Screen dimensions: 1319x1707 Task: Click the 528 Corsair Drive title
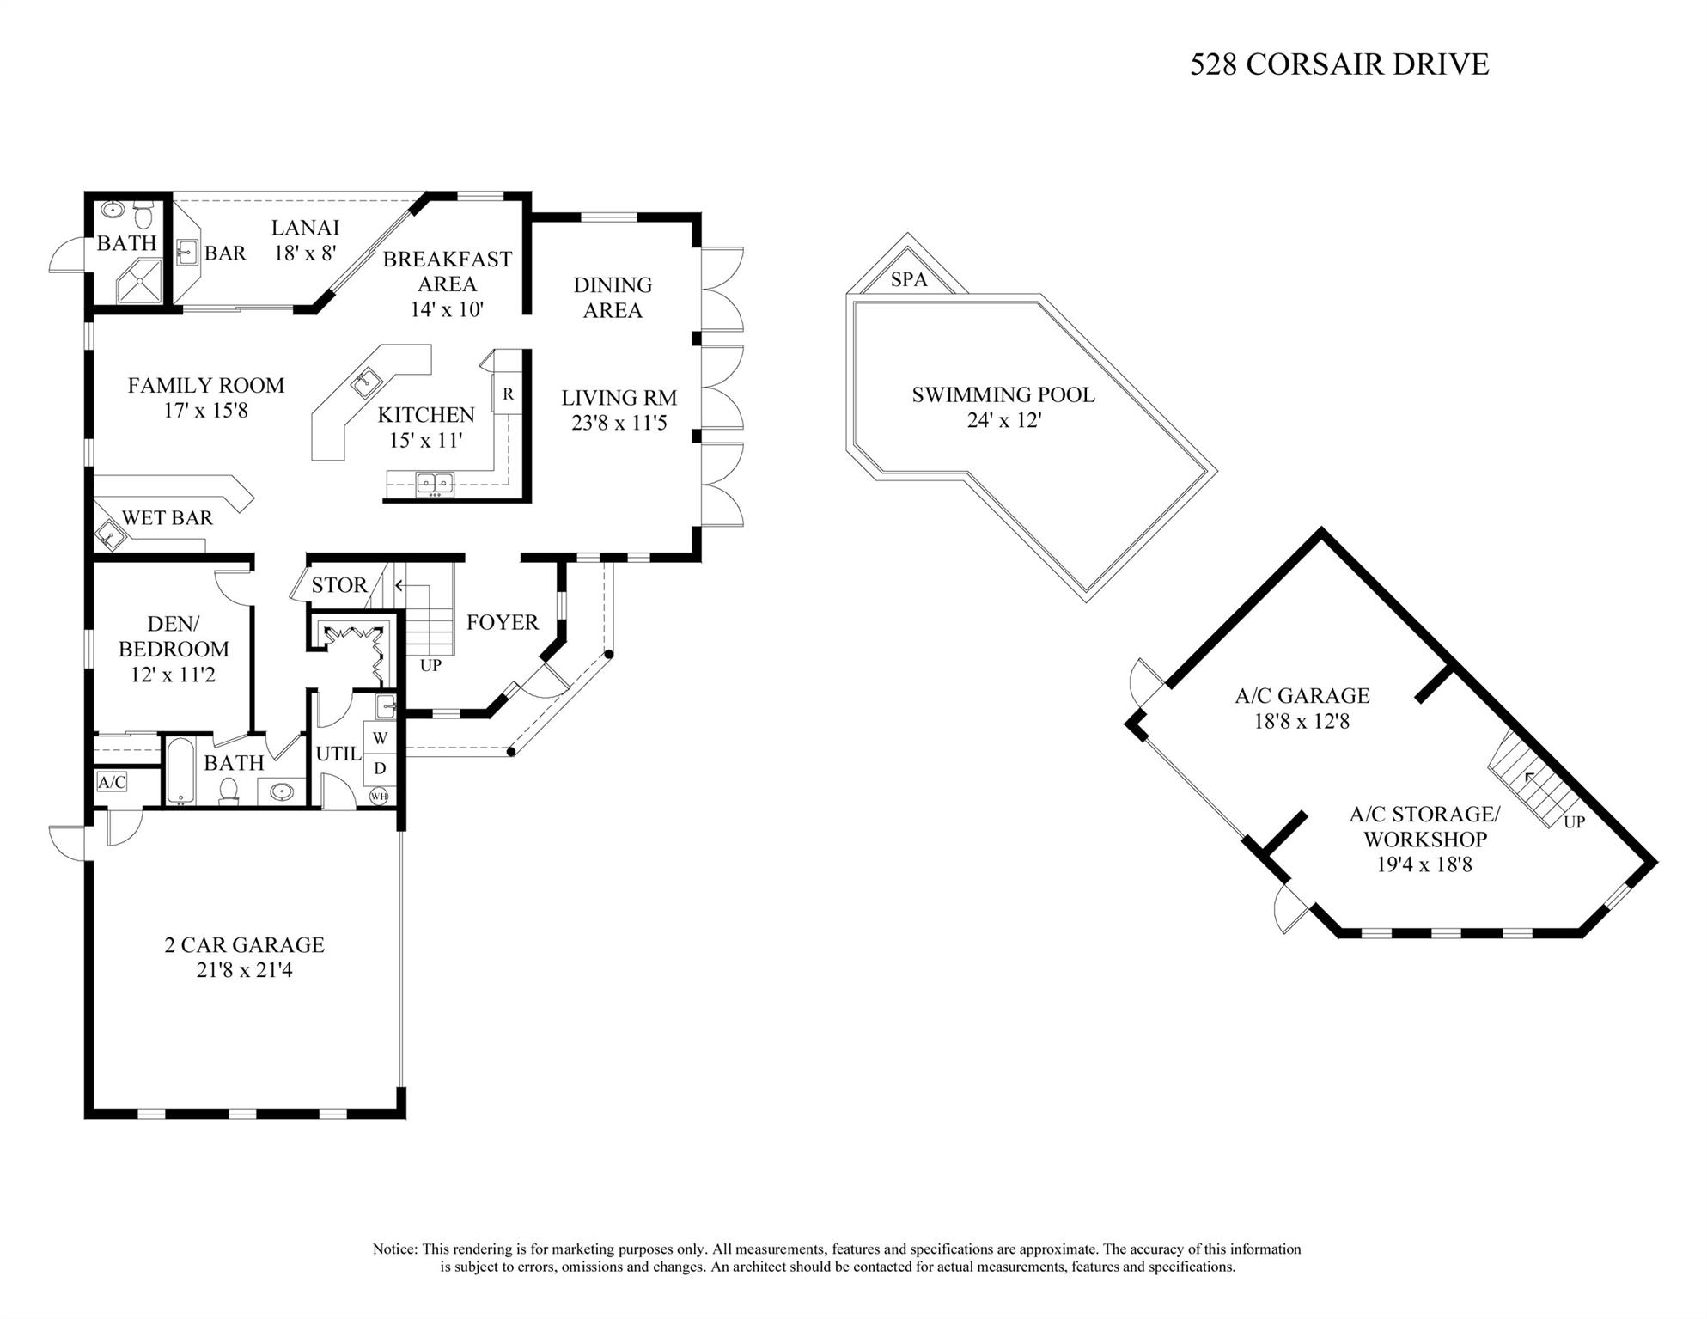tap(1338, 64)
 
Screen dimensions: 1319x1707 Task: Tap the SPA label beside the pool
tap(908, 280)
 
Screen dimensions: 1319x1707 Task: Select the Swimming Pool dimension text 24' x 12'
tap(1003, 420)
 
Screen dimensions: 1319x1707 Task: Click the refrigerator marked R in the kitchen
tap(508, 394)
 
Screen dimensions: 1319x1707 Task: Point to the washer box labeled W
tap(380, 738)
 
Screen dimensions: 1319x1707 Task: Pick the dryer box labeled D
tap(380, 767)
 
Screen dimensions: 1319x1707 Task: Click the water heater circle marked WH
tap(379, 796)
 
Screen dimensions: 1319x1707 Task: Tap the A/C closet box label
tap(112, 782)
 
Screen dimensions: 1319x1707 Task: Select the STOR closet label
tap(338, 585)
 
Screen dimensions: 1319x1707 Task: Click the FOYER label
tap(502, 622)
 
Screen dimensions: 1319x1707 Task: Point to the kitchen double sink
tap(435, 485)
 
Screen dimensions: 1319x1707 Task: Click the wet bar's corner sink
tap(109, 536)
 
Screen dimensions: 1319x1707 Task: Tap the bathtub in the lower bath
tap(180, 771)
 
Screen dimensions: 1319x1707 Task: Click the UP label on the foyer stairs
tap(430, 665)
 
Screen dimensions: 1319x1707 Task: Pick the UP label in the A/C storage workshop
tap(1573, 821)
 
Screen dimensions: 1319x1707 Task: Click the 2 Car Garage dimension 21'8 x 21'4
tap(244, 970)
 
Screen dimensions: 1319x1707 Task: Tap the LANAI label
tap(305, 228)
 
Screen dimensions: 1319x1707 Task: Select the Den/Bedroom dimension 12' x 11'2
tap(173, 675)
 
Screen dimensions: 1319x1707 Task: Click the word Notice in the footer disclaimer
tap(394, 1249)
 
